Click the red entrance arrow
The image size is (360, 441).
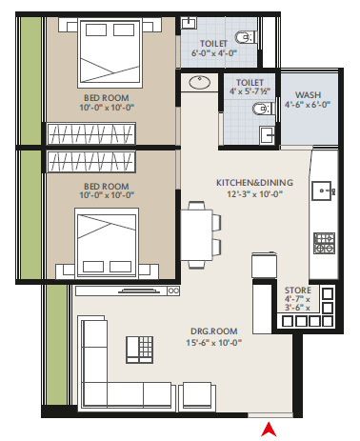coord(269,430)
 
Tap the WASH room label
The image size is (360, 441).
coord(308,95)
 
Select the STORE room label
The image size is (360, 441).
coord(298,291)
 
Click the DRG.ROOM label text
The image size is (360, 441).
coord(214,331)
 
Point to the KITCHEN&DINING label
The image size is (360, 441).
coord(254,183)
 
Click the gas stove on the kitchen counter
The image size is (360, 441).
coord(324,243)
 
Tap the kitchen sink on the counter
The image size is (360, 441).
coord(323,190)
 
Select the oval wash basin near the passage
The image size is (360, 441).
coord(200,83)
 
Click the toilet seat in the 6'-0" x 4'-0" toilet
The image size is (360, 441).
coord(245,37)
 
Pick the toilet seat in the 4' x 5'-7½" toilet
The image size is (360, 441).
coord(263,109)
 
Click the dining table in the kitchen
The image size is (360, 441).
coord(197,234)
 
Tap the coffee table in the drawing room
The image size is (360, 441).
coord(139,350)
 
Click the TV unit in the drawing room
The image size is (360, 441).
coord(128,291)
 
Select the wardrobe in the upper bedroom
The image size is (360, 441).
coord(91,133)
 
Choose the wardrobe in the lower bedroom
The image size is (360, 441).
coord(91,162)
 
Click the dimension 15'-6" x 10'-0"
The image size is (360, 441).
coord(214,343)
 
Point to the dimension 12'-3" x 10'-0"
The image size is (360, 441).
coord(254,194)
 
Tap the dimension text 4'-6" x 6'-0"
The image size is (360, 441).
coord(308,105)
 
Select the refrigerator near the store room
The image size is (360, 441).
coord(264,266)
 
